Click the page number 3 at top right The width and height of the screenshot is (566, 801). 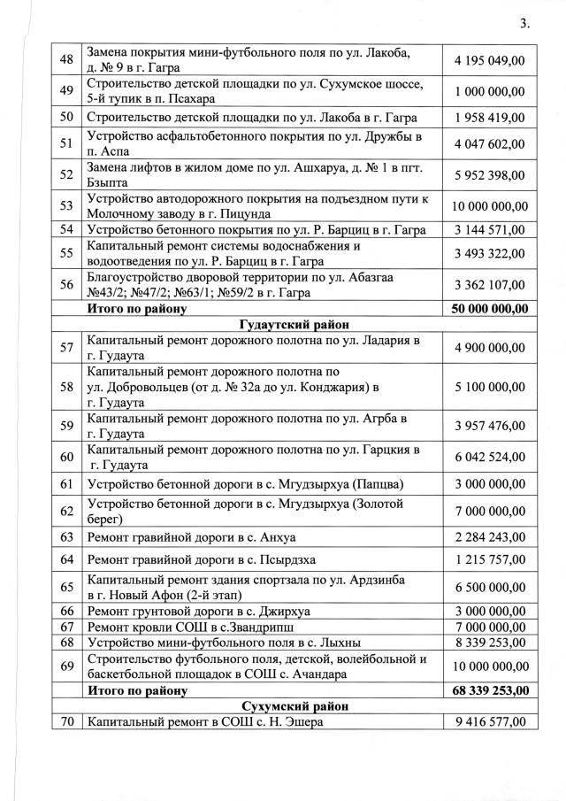click(x=524, y=24)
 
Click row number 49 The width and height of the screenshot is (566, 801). click(x=65, y=91)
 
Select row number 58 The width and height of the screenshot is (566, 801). click(x=65, y=387)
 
